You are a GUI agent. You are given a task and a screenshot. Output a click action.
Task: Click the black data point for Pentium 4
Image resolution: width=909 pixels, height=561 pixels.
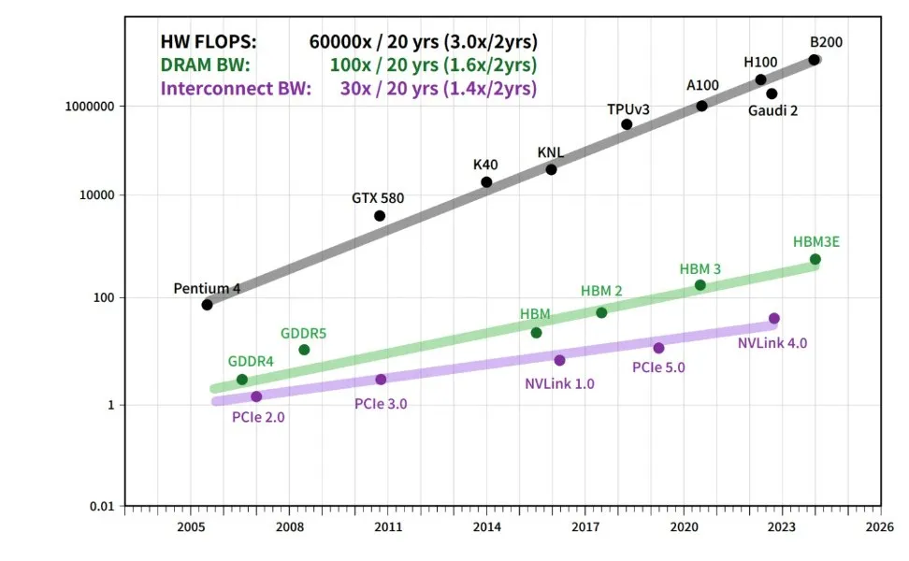(207, 305)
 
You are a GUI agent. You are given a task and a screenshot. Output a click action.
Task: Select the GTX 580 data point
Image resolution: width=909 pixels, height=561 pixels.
(380, 216)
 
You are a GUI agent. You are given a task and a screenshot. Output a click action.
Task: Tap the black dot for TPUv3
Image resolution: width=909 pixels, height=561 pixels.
(627, 124)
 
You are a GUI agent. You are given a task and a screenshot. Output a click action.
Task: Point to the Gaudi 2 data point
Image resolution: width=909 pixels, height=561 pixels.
(772, 93)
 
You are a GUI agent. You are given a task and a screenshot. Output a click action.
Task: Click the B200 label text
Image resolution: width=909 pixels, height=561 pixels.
(826, 41)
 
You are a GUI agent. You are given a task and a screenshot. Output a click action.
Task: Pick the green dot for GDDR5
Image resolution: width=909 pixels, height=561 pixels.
(304, 350)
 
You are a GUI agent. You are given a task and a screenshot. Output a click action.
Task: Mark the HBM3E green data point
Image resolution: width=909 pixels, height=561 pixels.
(815, 259)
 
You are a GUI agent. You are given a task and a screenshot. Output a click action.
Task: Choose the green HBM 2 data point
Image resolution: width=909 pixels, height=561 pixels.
(601, 312)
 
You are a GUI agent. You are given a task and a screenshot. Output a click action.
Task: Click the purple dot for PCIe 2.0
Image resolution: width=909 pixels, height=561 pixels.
(256, 396)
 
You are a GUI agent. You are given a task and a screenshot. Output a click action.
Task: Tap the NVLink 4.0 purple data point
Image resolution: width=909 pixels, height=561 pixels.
(773, 319)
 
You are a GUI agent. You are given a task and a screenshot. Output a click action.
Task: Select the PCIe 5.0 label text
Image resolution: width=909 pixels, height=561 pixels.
(658, 367)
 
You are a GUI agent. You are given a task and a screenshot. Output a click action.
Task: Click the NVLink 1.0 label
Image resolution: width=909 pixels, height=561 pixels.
(559, 382)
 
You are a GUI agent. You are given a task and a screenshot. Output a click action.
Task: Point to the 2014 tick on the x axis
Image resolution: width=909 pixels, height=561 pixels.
(486, 511)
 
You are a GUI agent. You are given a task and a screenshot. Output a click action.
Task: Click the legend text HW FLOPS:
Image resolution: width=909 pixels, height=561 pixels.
(208, 42)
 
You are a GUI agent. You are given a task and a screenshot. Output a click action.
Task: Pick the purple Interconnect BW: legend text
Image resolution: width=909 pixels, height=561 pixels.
(236, 89)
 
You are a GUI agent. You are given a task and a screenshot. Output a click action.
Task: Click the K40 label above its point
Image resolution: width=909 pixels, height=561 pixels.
(485, 165)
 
